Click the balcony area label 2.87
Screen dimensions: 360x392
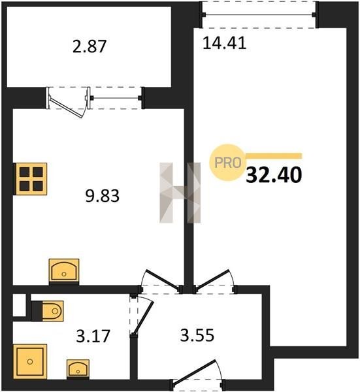(90, 46)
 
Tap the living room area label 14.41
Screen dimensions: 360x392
(224, 42)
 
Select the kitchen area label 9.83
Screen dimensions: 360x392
(102, 196)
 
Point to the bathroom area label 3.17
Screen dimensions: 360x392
(93, 336)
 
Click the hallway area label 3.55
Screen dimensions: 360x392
(197, 335)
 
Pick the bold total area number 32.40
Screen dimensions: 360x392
(274, 175)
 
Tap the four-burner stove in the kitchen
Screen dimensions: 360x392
(30, 179)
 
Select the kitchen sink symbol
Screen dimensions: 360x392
(64, 272)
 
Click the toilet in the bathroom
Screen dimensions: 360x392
(47, 311)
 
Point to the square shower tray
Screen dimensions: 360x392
(30, 361)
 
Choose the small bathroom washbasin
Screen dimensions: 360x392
(78, 369)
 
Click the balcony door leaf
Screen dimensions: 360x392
(66, 108)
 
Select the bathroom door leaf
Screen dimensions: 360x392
(144, 319)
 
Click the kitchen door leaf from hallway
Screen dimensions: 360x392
(163, 280)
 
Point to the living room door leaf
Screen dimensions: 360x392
(212, 280)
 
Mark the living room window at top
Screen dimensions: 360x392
(259, 15)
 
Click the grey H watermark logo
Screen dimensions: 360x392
(180, 193)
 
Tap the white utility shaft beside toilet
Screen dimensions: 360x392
(19, 305)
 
